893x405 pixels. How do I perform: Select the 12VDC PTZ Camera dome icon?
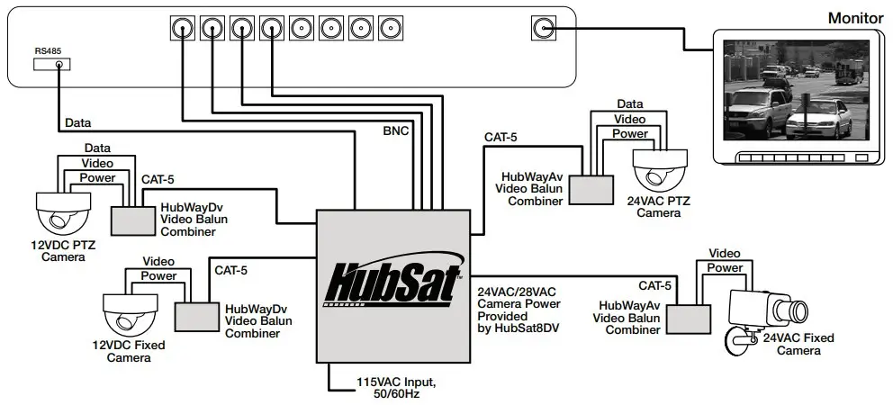pos(61,211)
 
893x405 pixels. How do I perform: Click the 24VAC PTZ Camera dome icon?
pos(660,166)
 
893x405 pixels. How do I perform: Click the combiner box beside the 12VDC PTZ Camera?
pos(131,219)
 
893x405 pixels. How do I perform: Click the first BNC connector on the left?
pos(183,27)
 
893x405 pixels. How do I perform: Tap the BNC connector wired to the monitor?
pos(543,27)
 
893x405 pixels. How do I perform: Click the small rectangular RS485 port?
pos(52,65)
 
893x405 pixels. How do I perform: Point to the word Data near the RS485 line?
pos(78,122)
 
